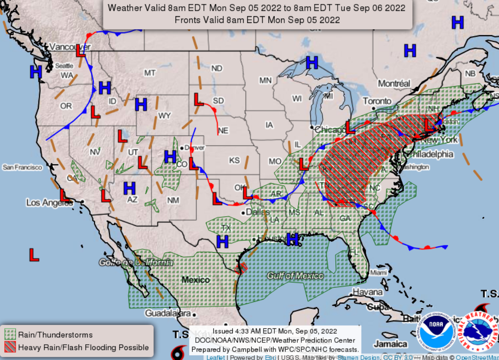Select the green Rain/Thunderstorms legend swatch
point(10,335)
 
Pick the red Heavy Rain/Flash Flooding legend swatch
point(10,347)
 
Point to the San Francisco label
point(22,167)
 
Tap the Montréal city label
point(394,83)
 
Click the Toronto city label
point(377,101)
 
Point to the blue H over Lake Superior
point(312,63)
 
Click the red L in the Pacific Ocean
point(34,254)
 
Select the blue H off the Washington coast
point(36,71)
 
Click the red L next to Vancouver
point(81,51)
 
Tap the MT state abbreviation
point(150,73)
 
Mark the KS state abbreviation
point(234,160)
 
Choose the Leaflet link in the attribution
point(215,357)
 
